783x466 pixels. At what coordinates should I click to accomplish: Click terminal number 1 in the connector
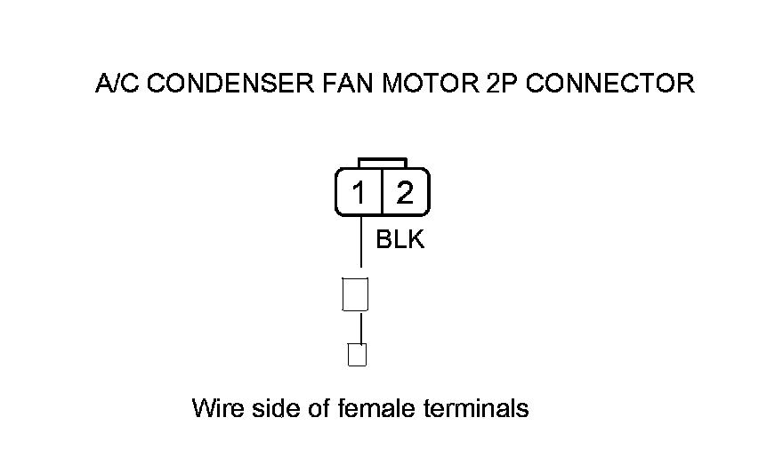[x=359, y=192]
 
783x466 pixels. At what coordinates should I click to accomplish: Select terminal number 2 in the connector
[x=405, y=192]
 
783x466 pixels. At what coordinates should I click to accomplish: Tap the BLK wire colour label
[x=400, y=240]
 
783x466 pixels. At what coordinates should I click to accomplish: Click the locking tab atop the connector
[x=383, y=163]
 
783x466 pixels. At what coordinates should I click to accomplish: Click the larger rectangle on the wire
[x=356, y=294]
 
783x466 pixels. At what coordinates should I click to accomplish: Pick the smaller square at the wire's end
[x=357, y=355]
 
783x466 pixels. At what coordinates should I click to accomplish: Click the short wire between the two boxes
[x=360, y=326]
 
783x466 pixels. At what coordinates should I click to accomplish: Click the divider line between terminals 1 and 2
[x=382, y=192]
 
